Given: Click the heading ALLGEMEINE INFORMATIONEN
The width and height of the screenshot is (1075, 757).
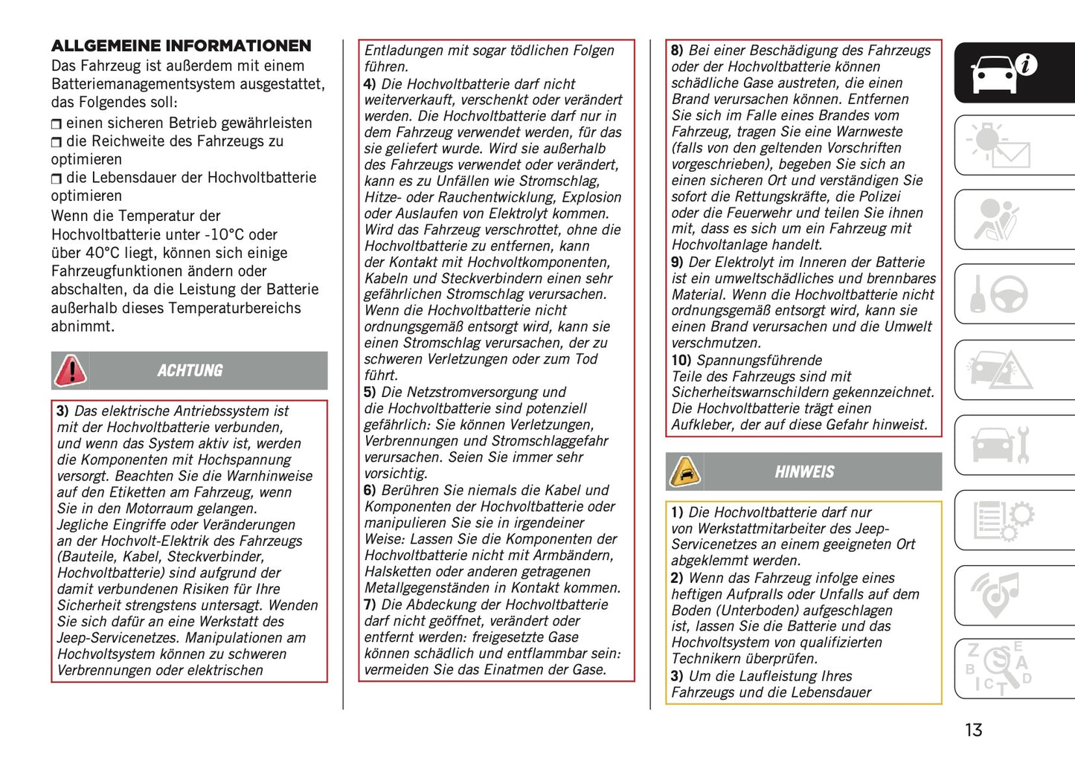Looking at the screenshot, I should coord(181,46).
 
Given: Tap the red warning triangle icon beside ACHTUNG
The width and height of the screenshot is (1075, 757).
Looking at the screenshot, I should coord(71,370).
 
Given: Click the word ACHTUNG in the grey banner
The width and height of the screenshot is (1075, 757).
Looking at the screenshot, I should coord(190,370).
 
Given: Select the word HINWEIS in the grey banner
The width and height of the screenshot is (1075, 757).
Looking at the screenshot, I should coord(804,472).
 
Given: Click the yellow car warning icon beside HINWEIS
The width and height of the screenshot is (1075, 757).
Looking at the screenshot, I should coord(684,472).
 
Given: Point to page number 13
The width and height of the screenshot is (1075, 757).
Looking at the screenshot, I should coord(973,730).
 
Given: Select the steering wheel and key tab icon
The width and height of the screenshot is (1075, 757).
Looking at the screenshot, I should coord(999,294).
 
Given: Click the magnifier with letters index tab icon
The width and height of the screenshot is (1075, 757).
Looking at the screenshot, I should coord(999,669).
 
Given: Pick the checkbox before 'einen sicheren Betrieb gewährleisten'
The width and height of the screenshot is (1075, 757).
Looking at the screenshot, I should coord(57,124).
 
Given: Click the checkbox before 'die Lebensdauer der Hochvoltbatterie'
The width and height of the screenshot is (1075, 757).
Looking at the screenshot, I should coord(57,178).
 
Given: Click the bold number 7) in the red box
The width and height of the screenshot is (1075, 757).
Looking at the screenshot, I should coord(370,605).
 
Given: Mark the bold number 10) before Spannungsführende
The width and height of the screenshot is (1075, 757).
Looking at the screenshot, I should coord(681,361).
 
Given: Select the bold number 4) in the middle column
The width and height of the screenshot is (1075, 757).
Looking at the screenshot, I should coord(370,84).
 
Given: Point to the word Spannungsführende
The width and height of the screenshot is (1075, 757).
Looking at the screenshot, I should coord(759,361).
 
